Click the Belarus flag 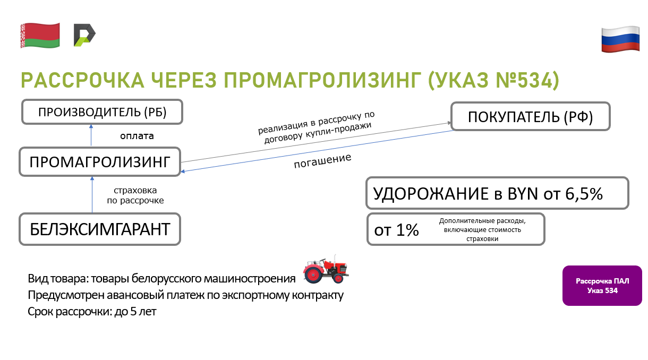tap(40, 35)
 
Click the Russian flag tap(620, 39)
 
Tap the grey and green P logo tap(84, 35)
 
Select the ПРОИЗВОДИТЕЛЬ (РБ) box tap(102, 112)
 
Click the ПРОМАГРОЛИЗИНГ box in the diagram tap(100, 161)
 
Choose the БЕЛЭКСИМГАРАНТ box tap(100, 229)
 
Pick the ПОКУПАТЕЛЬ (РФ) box tap(530, 116)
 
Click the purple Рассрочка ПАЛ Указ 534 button tap(602, 286)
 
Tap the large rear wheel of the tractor tap(313, 273)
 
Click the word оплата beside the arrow tap(137, 136)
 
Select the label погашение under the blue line tap(322, 161)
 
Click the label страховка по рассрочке tap(135, 195)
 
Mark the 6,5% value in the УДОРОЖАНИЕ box tap(584, 193)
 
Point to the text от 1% tap(396, 230)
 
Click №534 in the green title tap(527, 80)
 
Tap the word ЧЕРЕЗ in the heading tap(184, 80)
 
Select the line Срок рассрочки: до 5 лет tap(92, 312)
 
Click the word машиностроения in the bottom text tap(250, 279)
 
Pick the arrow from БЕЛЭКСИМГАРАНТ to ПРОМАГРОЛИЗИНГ tap(92, 195)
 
